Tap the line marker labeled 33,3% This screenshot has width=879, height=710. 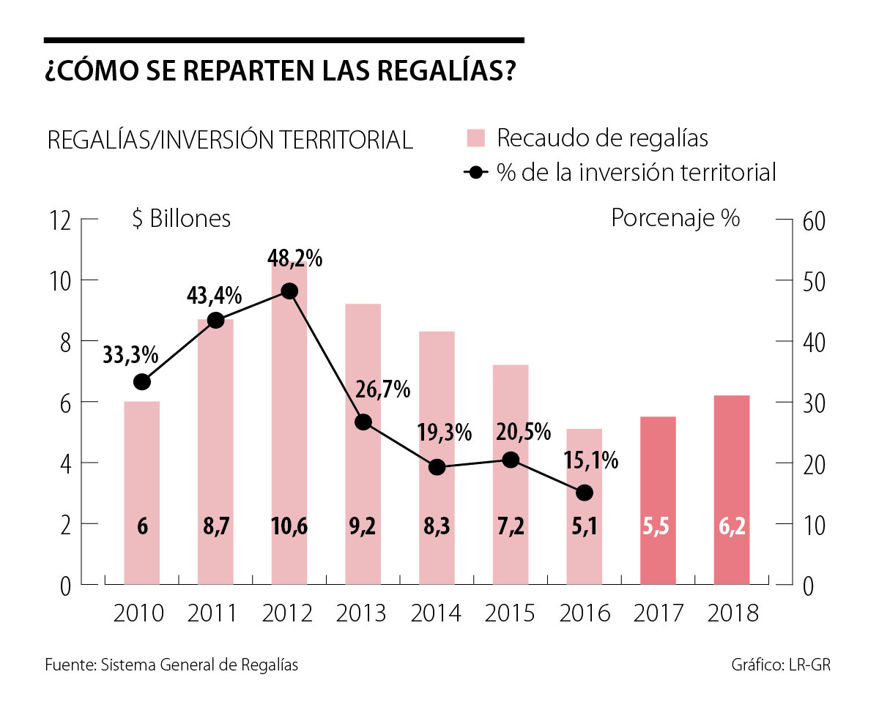click(x=142, y=382)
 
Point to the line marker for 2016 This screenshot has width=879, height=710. click(x=585, y=493)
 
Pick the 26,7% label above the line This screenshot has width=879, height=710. click(x=382, y=390)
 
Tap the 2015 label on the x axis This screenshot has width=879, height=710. click(x=511, y=613)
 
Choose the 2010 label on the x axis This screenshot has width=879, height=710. click(x=139, y=613)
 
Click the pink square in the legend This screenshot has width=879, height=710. click(x=476, y=138)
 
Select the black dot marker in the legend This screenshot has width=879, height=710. click(x=477, y=173)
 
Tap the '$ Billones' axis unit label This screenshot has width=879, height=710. click(x=181, y=219)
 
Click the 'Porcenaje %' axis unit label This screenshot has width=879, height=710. click(x=675, y=219)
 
